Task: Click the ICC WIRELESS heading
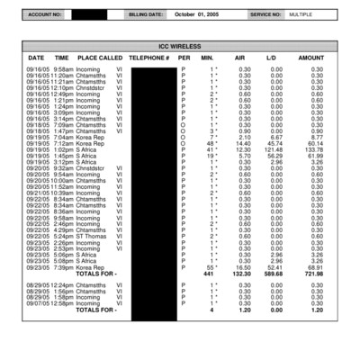pyautogui.click(x=180, y=45)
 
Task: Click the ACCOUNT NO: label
pyautogui.click(x=45, y=15)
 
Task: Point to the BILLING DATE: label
pyautogui.click(x=146, y=15)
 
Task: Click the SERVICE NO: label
pyautogui.click(x=265, y=15)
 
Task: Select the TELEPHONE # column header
pyautogui.click(x=149, y=58)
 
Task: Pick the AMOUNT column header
pyautogui.click(x=310, y=58)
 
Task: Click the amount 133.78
pyautogui.click(x=314, y=148)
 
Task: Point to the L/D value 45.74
pyautogui.click(x=274, y=143)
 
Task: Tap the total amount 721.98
pyautogui.click(x=314, y=274)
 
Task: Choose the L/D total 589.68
pyautogui.click(x=274, y=274)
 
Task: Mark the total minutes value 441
pyautogui.click(x=210, y=274)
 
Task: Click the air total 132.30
pyautogui.click(x=242, y=274)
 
